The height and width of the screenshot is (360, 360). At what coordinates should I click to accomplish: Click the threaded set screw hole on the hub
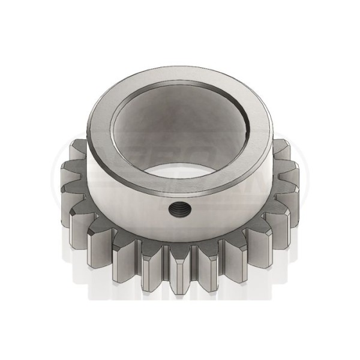[x=178, y=209]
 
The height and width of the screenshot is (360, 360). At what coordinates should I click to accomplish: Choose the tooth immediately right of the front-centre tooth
[x=207, y=264]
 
